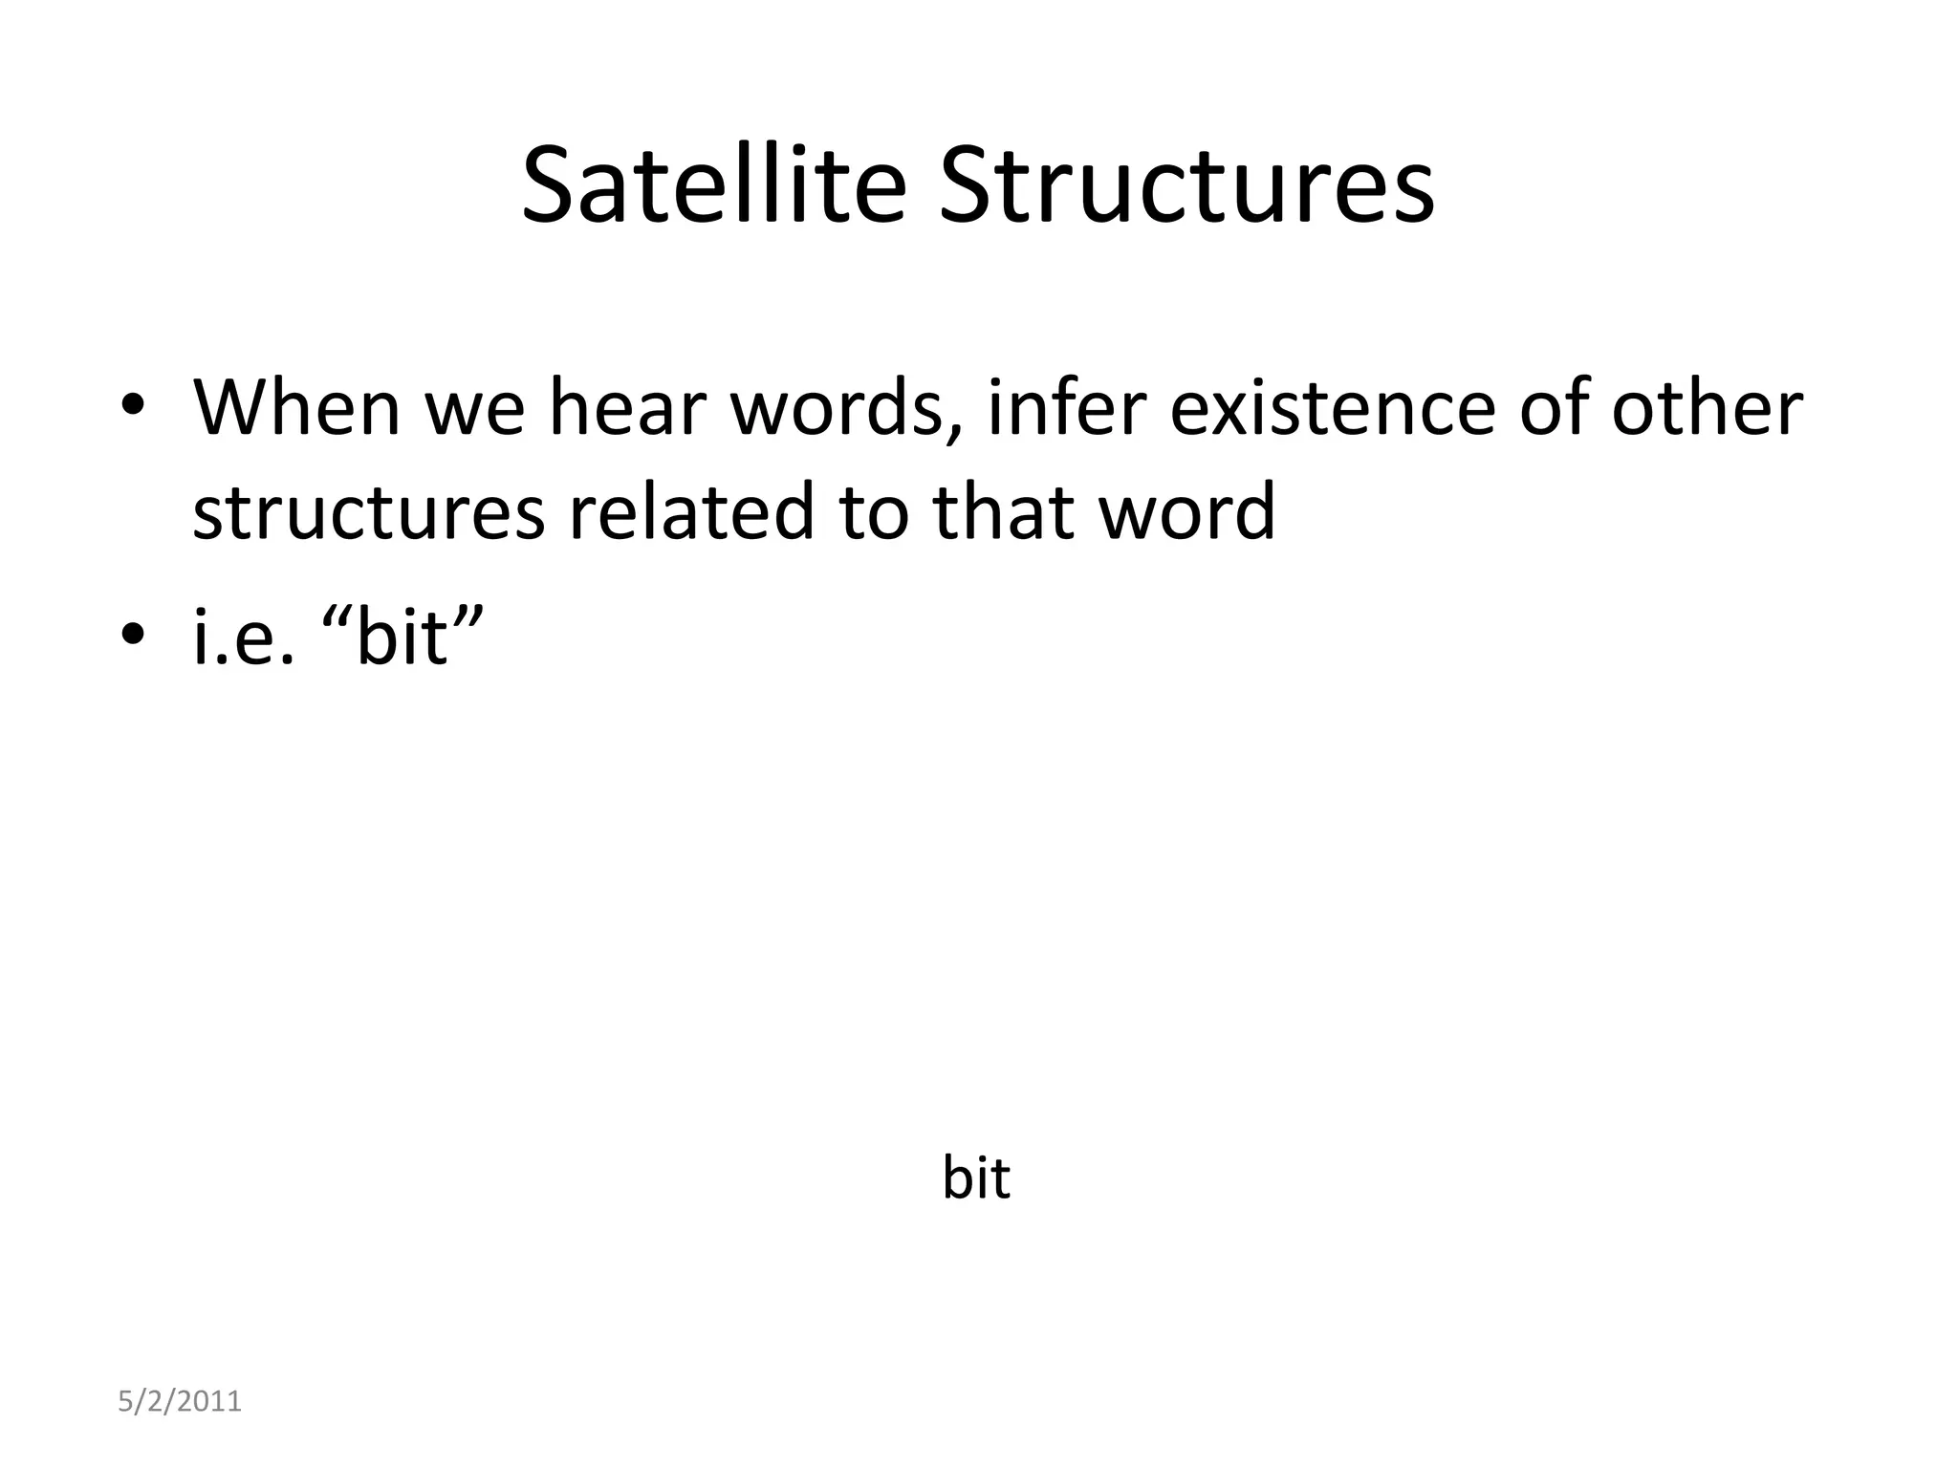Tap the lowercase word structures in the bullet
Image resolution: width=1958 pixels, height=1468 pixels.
(x=368, y=512)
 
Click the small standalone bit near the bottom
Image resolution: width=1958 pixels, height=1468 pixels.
(x=975, y=1177)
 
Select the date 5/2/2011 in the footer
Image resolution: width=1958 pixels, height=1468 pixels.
(x=179, y=1402)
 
